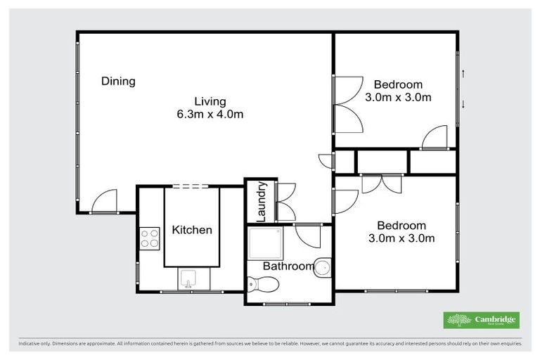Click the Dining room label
[x=118, y=81]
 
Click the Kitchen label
[x=192, y=230]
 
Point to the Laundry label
[x=261, y=202]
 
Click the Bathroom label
[x=288, y=266]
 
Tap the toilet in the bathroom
[x=263, y=284]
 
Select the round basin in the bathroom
[x=322, y=268]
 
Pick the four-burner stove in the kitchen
[x=149, y=238]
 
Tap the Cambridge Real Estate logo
[x=481, y=321]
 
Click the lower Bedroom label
[x=401, y=226]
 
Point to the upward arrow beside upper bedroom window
[x=463, y=73]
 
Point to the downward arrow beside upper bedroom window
[x=463, y=105]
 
